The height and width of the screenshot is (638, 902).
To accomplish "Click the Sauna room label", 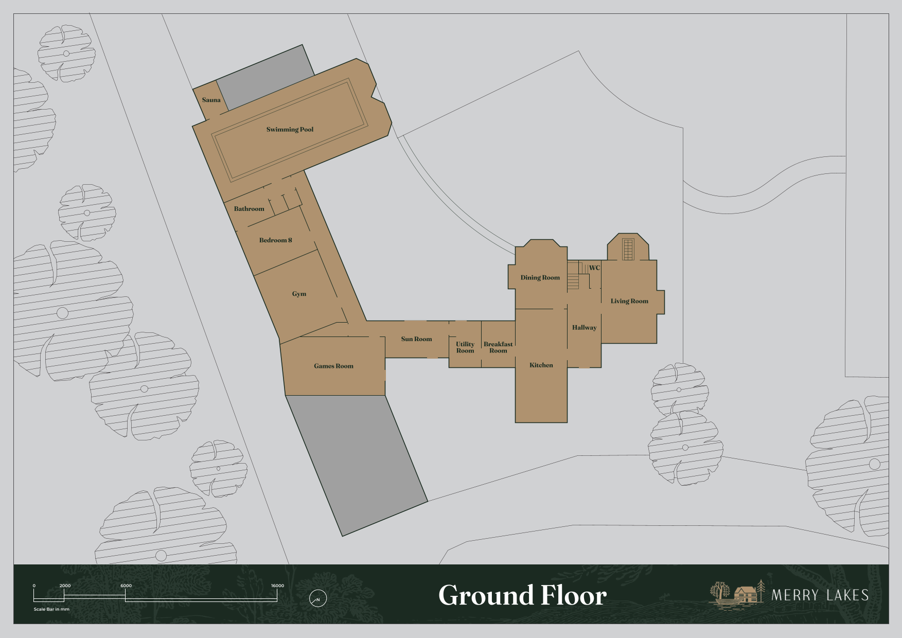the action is click(x=211, y=100).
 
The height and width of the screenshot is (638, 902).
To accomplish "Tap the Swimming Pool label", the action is click(x=290, y=130).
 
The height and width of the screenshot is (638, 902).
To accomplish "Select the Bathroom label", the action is click(x=249, y=209).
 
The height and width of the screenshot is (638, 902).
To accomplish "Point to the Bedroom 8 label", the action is click(x=275, y=240).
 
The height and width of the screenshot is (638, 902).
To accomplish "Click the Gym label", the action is click(x=299, y=294).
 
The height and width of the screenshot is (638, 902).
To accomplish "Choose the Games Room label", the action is click(x=333, y=366).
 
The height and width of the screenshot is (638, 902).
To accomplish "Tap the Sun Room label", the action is click(x=416, y=339).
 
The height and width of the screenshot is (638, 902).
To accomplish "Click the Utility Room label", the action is click(x=465, y=347).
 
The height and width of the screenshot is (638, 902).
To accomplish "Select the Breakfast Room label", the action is click(x=498, y=347).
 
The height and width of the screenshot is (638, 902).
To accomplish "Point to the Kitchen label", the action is click(x=541, y=365).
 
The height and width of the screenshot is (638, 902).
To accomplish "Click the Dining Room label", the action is click(x=540, y=278).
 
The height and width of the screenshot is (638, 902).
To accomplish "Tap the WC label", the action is click(x=594, y=268).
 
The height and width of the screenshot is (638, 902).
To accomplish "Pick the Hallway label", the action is click(x=585, y=328).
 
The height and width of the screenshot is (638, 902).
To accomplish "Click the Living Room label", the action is click(x=629, y=302).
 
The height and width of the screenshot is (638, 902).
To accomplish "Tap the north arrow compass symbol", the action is click(x=318, y=598).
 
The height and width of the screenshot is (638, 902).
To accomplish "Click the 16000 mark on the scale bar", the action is click(x=277, y=586).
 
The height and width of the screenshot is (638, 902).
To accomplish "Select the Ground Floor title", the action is click(x=522, y=595).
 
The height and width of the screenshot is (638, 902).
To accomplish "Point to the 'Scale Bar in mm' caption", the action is click(x=51, y=609).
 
